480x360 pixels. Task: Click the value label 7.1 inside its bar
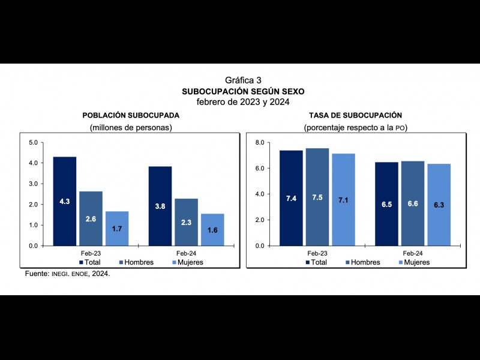pyautogui.click(x=343, y=200)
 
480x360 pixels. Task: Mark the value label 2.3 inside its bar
pyautogui.click(x=186, y=223)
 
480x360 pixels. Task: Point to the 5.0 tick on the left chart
pyautogui.click(x=33, y=142)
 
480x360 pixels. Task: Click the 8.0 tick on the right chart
pyautogui.click(x=259, y=142)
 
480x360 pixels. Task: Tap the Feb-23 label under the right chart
pyautogui.click(x=317, y=253)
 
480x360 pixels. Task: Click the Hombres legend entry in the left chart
pyautogui.click(x=135, y=262)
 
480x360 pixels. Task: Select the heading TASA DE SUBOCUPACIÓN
pyautogui.click(x=355, y=115)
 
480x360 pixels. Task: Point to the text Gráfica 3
pyautogui.click(x=243, y=80)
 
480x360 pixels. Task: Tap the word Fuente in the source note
pyautogui.click(x=36, y=273)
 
